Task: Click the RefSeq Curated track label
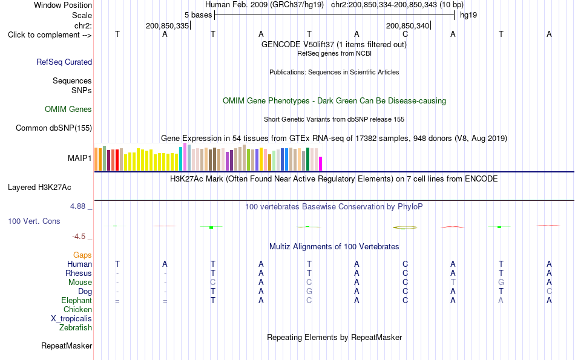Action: click(64, 62)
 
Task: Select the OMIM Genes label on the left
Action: click(68, 110)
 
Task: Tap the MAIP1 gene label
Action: click(79, 158)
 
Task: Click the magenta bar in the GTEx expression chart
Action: click(321, 163)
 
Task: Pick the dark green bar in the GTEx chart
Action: click(308, 159)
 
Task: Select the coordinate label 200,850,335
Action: click(167, 25)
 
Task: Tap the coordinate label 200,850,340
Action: click(407, 25)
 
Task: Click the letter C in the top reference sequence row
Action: click(405, 34)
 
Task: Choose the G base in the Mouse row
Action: click(501, 283)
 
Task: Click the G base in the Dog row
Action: click(309, 292)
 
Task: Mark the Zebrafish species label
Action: click(76, 328)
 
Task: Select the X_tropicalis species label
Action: click(71, 319)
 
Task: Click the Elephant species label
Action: click(77, 301)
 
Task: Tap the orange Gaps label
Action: click(82, 255)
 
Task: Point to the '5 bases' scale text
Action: click(198, 15)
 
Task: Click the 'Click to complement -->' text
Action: click(50, 35)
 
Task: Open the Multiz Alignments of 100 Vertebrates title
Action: click(334, 247)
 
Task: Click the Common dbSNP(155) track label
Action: click(54, 128)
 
